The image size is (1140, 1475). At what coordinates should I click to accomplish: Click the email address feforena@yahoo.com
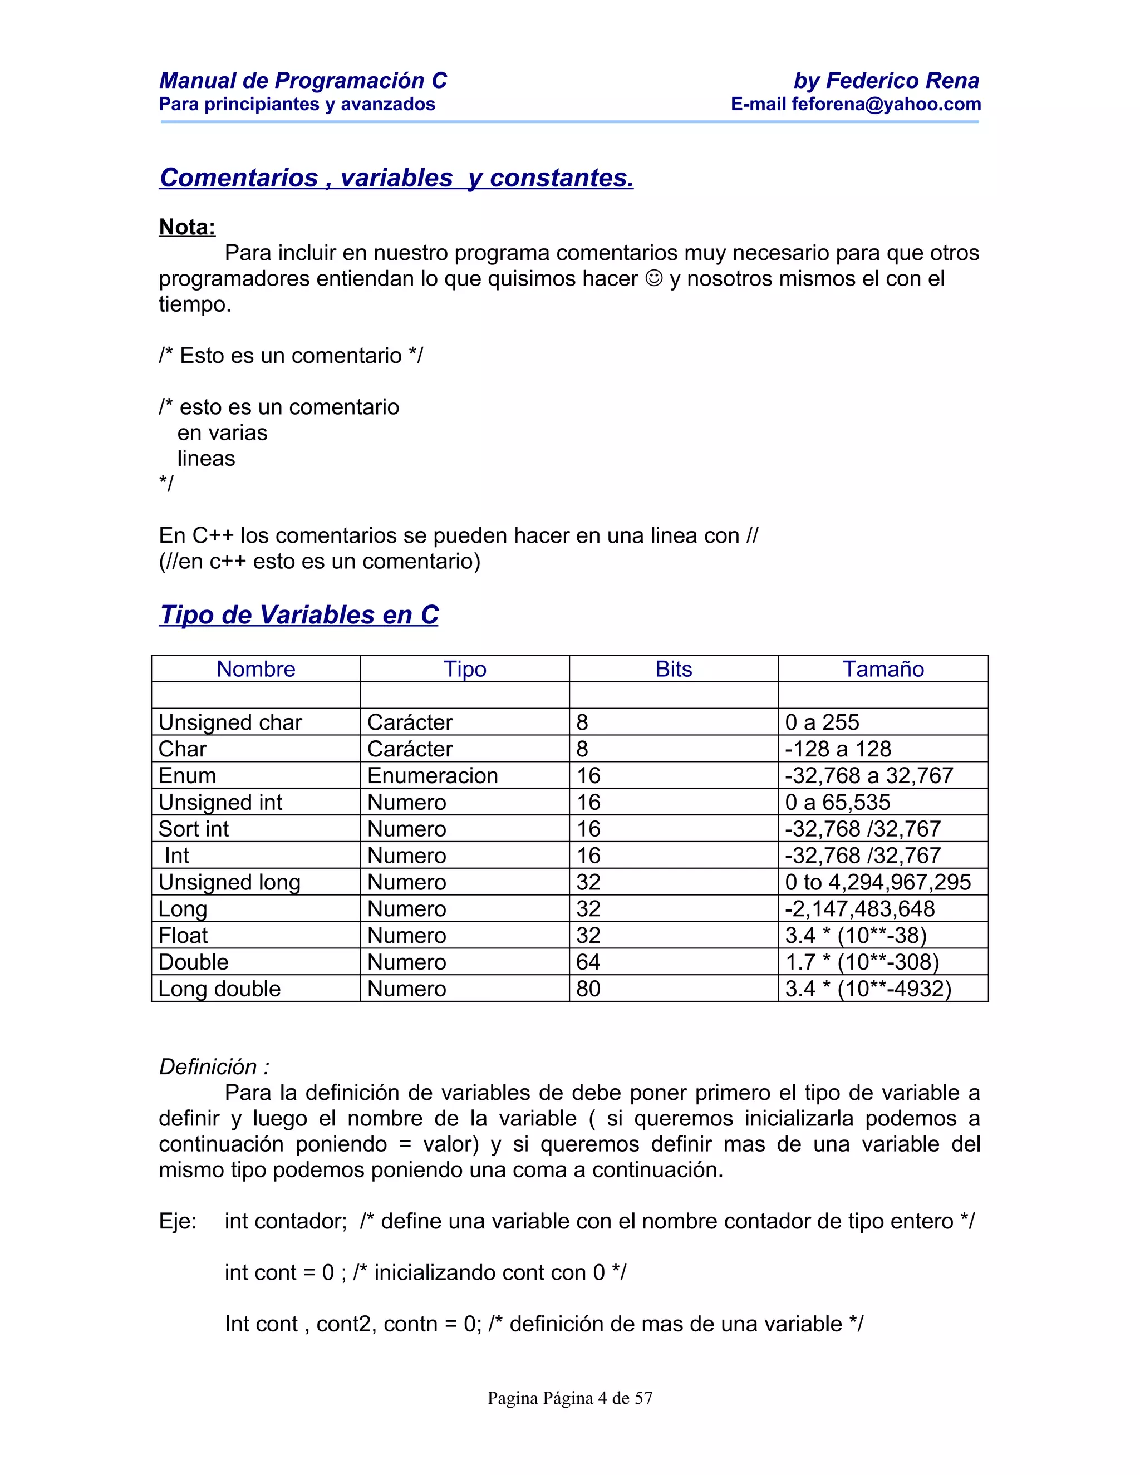click(886, 104)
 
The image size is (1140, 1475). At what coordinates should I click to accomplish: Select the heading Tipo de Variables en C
click(298, 614)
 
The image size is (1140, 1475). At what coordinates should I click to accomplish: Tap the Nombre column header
click(256, 668)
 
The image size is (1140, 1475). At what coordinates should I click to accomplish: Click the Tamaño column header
click(883, 668)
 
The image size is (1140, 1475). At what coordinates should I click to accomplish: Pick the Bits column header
click(674, 668)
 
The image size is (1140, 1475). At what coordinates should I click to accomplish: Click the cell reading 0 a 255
click(822, 722)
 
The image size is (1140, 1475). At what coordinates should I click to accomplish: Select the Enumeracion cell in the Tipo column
click(432, 775)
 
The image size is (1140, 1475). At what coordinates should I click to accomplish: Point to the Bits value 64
click(588, 962)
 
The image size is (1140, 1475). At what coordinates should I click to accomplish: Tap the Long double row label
click(219, 989)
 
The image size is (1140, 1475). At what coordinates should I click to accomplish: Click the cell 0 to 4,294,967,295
click(877, 882)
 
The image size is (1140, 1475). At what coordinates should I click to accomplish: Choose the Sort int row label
click(193, 829)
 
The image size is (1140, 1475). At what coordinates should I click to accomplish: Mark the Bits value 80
click(588, 989)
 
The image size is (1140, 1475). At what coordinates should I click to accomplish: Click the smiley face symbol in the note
click(653, 278)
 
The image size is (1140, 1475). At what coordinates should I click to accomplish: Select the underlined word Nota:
click(187, 227)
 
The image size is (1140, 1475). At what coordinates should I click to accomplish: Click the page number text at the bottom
click(570, 1398)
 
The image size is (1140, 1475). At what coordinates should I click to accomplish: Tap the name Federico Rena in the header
click(902, 80)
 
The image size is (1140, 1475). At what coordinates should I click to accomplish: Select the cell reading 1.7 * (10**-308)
click(862, 962)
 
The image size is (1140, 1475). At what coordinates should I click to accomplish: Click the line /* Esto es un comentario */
click(291, 355)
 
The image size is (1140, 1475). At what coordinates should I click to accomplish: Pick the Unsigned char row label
click(230, 722)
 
